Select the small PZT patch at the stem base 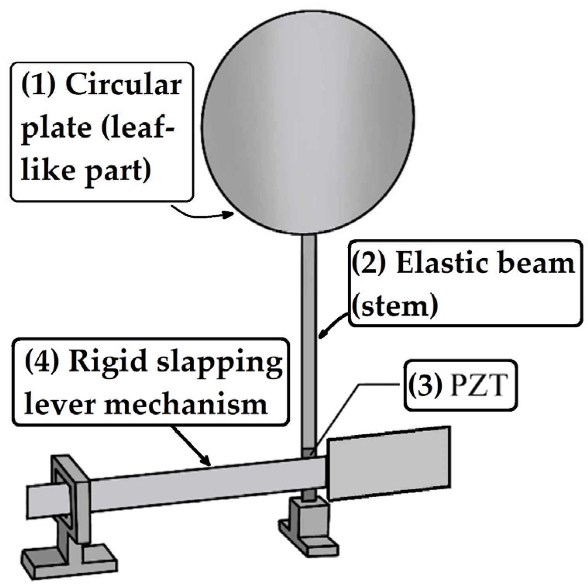point(308,453)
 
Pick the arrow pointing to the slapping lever point(192,446)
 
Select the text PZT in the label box point(478,386)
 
